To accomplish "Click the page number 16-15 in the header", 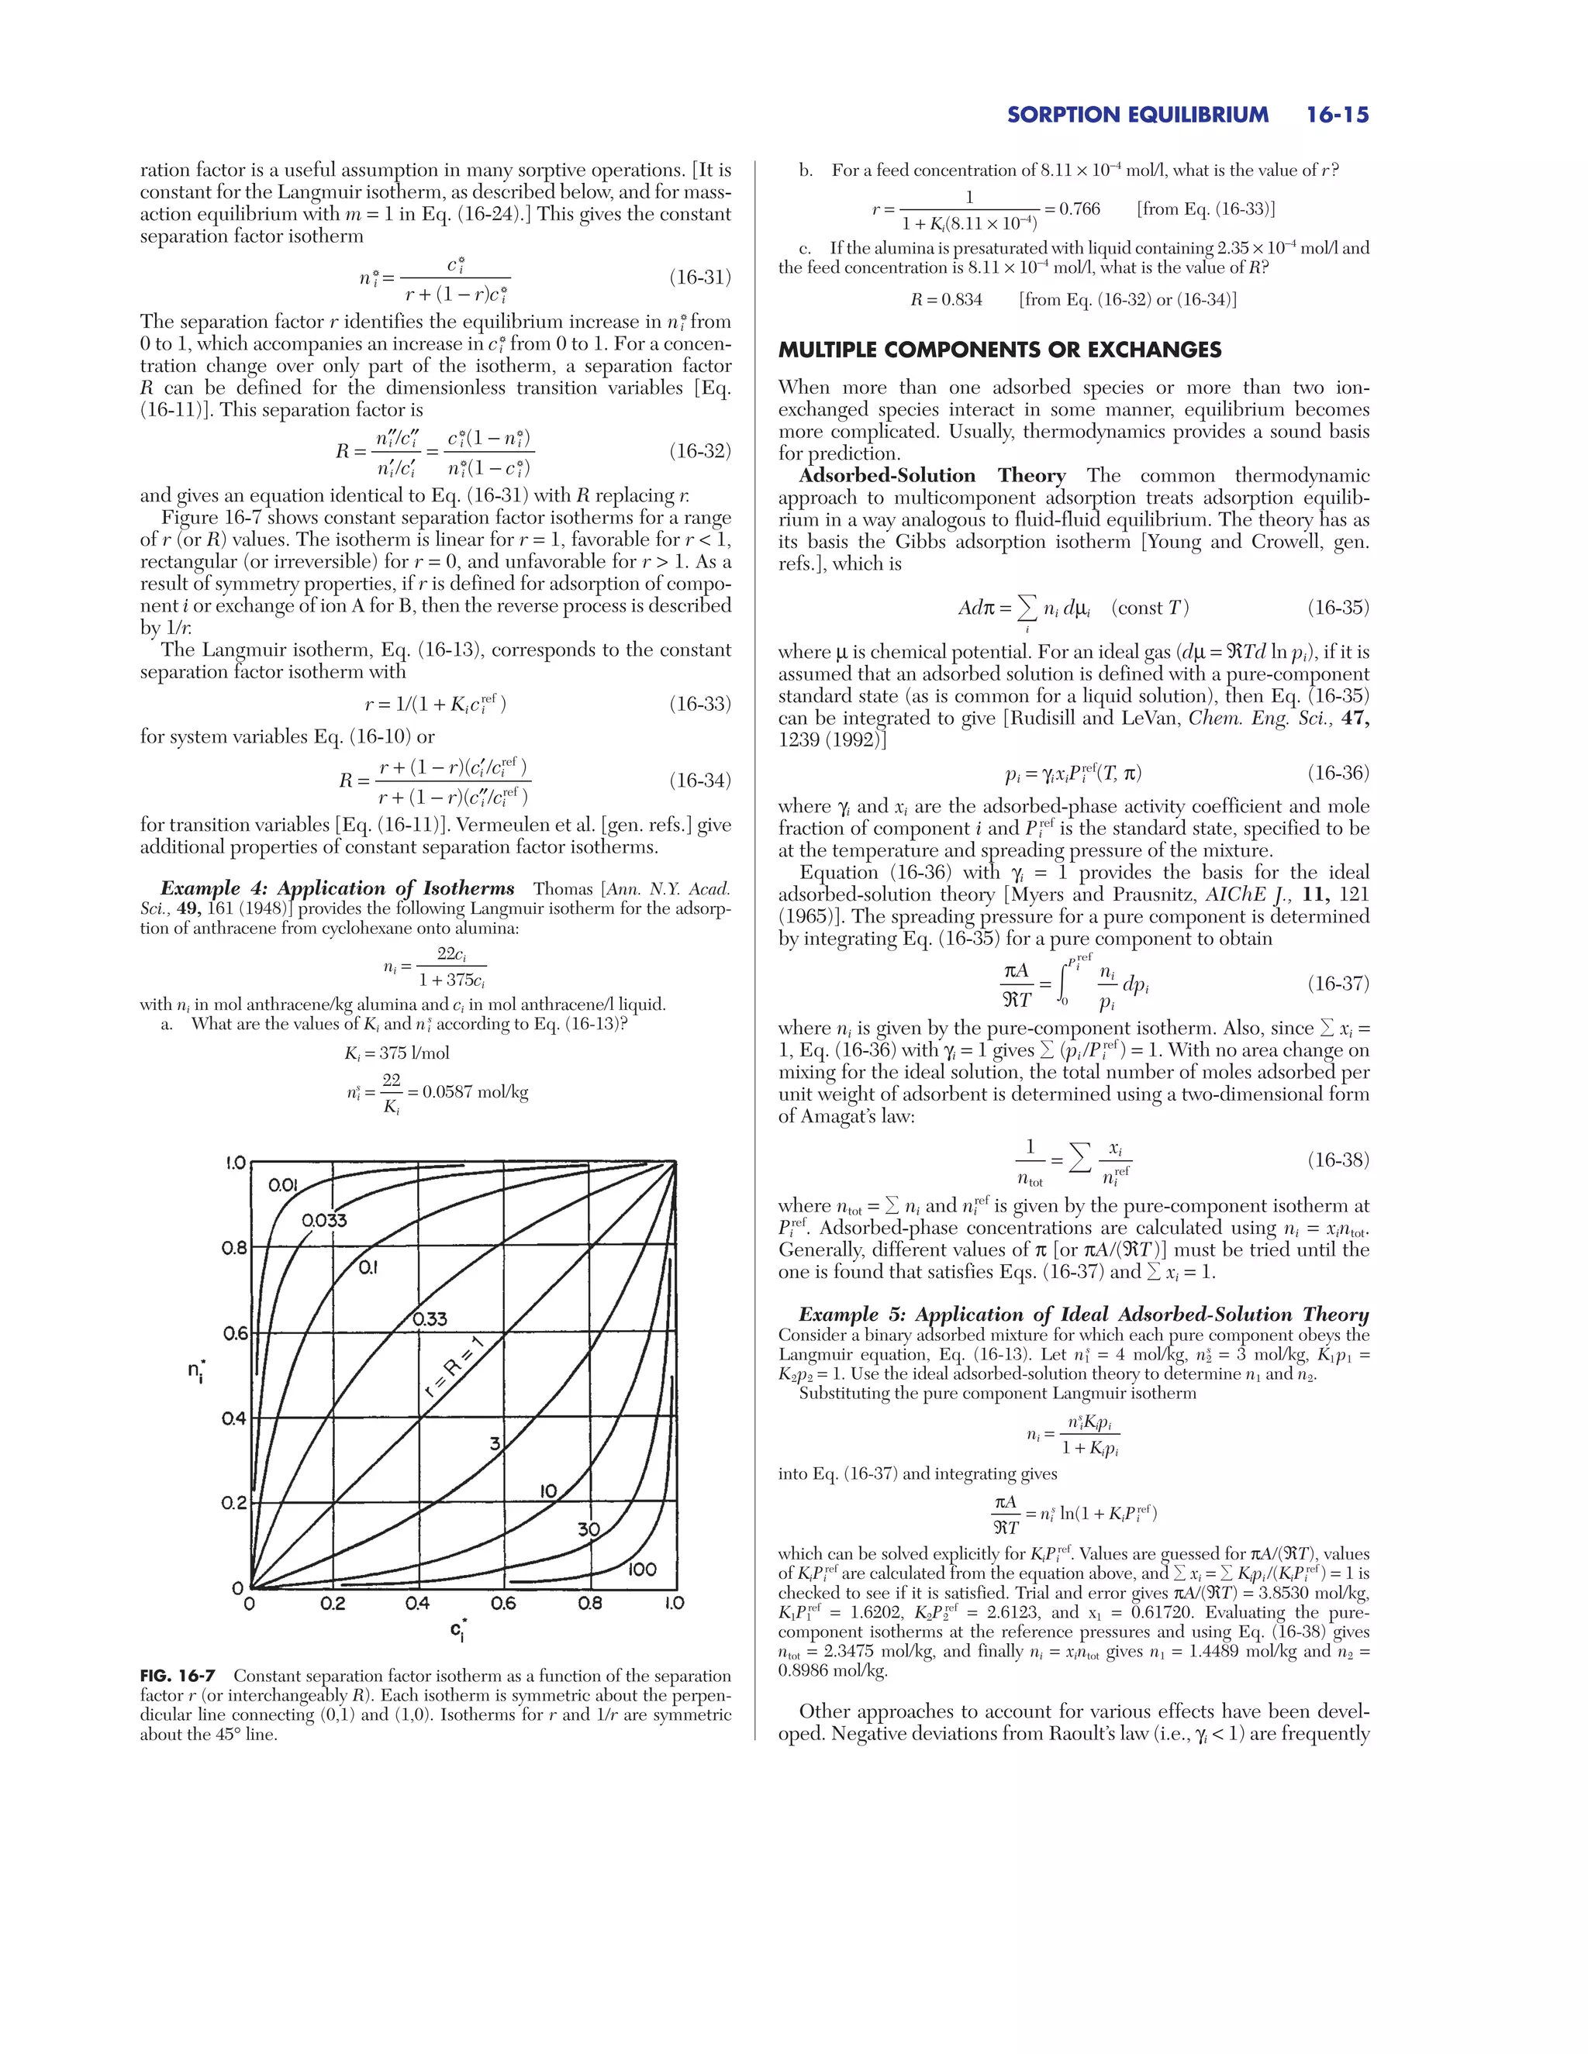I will [x=1337, y=115].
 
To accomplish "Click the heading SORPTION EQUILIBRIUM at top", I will [x=1137, y=115].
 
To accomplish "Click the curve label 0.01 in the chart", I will [x=283, y=1185].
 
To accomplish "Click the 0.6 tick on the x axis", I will [x=503, y=1604].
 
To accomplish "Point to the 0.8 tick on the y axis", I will [x=234, y=1248].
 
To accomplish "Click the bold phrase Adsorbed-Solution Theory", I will [x=931, y=476].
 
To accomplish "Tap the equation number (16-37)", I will [x=1338, y=984].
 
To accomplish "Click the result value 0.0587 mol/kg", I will [x=475, y=1093].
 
